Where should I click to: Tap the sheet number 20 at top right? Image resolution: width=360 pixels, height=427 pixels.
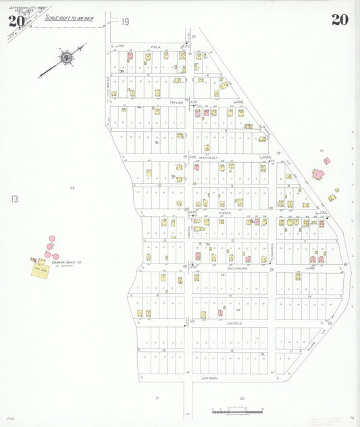(x=340, y=20)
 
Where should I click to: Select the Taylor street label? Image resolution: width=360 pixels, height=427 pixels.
(x=176, y=103)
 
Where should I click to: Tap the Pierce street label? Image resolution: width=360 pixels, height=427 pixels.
(x=224, y=212)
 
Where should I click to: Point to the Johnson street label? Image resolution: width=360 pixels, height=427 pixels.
(x=209, y=378)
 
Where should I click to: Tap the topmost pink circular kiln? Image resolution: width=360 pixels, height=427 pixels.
(x=52, y=238)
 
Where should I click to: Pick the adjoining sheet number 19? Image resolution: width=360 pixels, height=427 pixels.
(x=126, y=22)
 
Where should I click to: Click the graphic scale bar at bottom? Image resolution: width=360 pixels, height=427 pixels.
(x=236, y=411)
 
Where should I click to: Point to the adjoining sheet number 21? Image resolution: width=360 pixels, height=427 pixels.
(x=157, y=399)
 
